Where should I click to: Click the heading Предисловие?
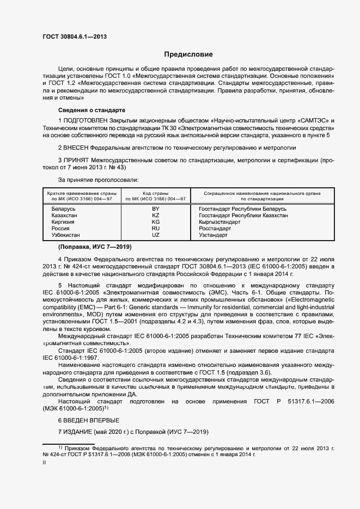(x=188, y=54)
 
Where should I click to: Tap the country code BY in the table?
(x=155, y=209)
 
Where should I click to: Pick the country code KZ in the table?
(x=155, y=216)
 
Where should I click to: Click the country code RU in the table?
(x=155, y=229)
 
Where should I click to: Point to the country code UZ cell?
(x=155, y=235)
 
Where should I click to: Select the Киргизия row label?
(x=63, y=222)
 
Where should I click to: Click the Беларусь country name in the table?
(x=64, y=209)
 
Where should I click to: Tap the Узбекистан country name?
(x=66, y=235)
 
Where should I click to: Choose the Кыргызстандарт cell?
(x=219, y=222)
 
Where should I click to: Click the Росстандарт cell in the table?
(x=215, y=229)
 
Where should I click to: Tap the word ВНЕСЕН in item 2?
(x=75, y=148)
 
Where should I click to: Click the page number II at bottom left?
(x=44, y=463)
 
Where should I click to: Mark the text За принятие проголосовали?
(x=98, y=179)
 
